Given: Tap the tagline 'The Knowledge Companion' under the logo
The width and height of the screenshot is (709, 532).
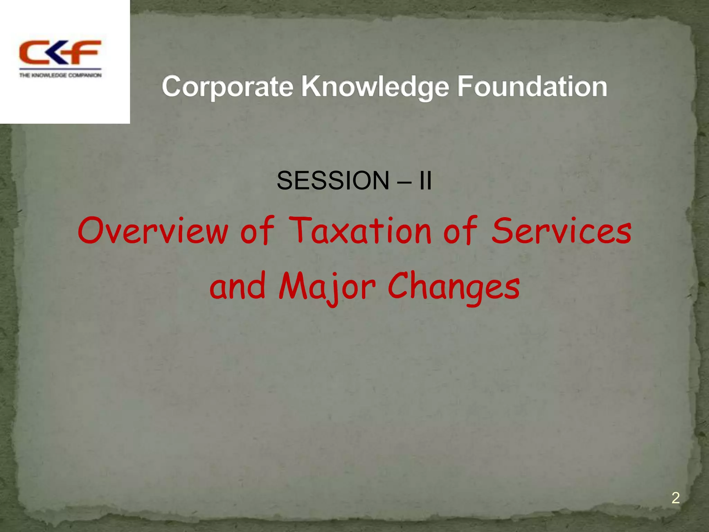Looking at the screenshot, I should click(x=60, y=75).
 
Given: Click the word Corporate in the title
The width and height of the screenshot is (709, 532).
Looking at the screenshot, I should click(x=227, y=87).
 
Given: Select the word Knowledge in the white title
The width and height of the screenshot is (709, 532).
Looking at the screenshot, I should click(x=375, y=87).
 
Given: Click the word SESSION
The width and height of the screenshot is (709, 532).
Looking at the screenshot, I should click(x=333, y=181).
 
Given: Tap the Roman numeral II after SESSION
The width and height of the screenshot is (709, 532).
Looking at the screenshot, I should click(x=425, y=181).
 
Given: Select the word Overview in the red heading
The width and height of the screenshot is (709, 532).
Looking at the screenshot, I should click(x=153, y=231).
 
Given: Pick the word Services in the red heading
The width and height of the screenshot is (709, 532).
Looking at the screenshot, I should click(x=562, y=231).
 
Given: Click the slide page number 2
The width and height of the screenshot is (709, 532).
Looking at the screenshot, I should click(x=675, y=498).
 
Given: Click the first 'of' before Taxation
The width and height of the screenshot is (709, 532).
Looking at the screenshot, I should click(x=257, y=231).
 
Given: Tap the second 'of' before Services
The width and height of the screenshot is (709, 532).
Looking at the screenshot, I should click(x=460, y=231).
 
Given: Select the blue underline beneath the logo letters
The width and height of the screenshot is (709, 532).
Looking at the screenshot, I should click(x=60, y=69).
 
